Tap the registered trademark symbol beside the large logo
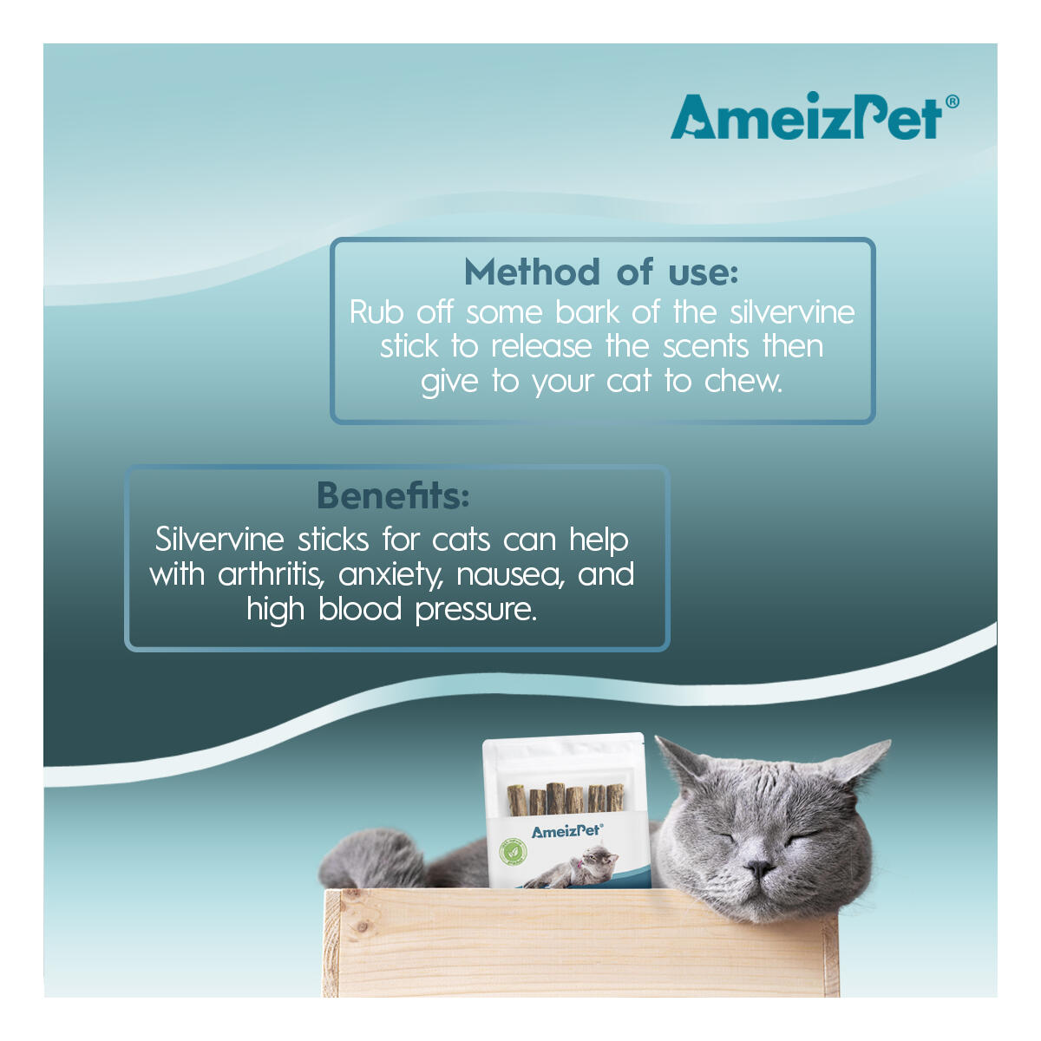pos(953,101)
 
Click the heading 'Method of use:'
pos(600,272)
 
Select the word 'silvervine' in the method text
pos(792,312)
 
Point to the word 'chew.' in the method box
pos(743,381)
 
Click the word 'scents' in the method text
pos(705,347)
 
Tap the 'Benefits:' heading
pos(393,495)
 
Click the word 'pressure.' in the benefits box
pos(476,611)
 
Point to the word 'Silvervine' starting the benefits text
pos(219,539)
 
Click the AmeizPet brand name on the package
pos(567,831)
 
